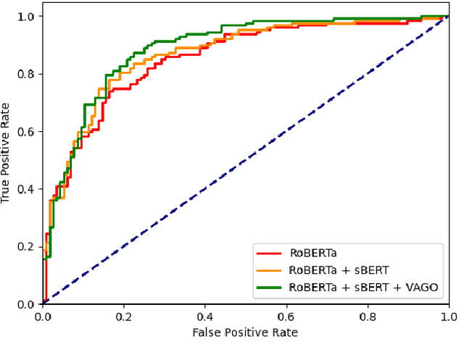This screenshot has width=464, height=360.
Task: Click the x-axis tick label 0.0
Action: point(43,317)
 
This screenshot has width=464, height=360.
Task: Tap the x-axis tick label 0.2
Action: point(124,317)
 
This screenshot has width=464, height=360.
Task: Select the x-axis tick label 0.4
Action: point(205,317)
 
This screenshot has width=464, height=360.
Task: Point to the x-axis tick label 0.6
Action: point(286,317)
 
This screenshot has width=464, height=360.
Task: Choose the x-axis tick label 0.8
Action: point(368,317)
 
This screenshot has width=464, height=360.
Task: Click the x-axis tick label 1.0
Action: point(449,317)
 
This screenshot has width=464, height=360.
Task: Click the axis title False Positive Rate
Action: point(245,332)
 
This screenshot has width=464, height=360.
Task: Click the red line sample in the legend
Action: point(270,254)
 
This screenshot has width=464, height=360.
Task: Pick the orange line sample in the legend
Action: point(270,270)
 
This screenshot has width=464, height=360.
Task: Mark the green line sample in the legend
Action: point(270,287)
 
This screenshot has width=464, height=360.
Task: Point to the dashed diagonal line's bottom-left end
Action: point(43,304)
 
